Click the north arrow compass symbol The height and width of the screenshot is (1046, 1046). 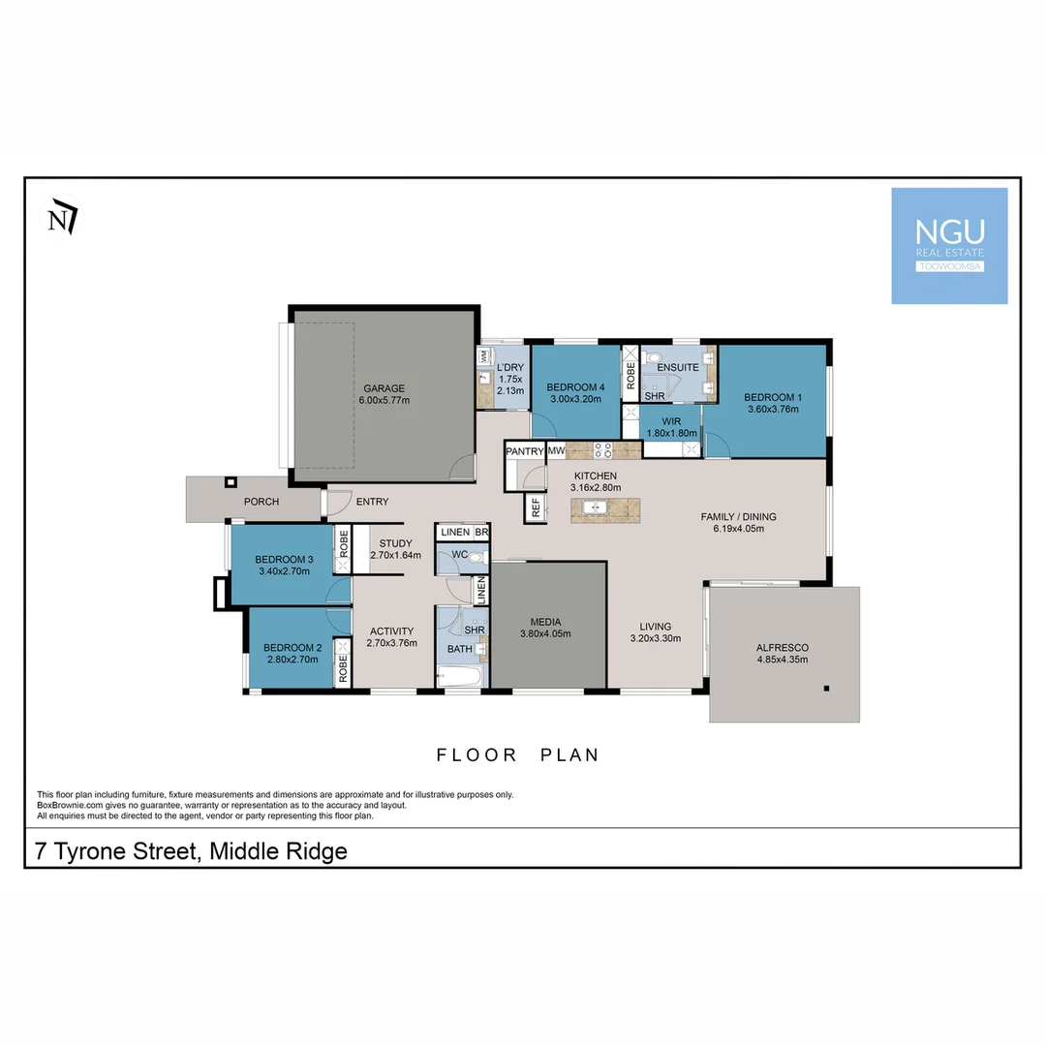63,219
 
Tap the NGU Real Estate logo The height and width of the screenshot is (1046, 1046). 949,246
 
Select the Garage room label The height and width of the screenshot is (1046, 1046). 384,387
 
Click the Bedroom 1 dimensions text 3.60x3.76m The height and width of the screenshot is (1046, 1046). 772,410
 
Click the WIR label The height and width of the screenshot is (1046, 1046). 671,421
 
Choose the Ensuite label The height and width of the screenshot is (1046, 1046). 677,368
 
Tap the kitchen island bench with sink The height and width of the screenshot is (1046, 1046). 605,509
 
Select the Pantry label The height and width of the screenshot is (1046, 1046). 524,451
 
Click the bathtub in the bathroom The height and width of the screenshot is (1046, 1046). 460,675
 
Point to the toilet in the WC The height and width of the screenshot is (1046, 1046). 474,557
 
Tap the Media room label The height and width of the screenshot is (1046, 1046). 545,622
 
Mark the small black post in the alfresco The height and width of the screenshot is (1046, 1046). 826,689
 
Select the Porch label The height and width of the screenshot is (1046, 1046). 261,502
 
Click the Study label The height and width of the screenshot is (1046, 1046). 395,543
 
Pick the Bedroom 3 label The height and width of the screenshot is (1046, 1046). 284,559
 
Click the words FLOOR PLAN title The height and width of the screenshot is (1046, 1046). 517,755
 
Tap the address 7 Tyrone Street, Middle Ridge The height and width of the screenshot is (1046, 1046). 191,852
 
